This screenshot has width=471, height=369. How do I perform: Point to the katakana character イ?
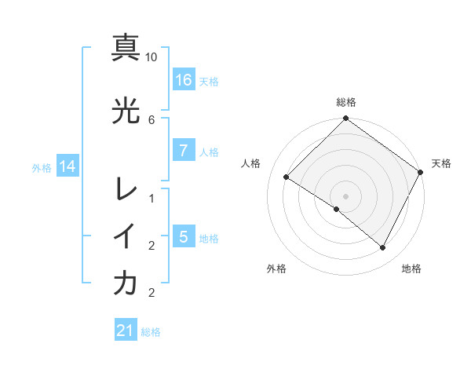(x=126, y=236)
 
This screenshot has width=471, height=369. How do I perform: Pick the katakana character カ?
(x=126, y=283)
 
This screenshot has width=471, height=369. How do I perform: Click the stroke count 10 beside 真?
(x=152, y=57)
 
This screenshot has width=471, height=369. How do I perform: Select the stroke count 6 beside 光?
(x=152, y=119)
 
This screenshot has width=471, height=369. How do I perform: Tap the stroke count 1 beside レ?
(x=152, y=199)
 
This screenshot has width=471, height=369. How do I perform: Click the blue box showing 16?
(x=183, y=80)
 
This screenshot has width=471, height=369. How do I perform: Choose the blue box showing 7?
(x=183, y=151)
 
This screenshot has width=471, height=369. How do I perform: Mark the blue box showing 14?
(x=67, y=166)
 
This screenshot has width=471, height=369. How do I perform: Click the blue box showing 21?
(x=126, y=331)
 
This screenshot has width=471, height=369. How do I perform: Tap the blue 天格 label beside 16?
(x=209, y=81)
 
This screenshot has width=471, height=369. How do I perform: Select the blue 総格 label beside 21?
(x=151, y=331)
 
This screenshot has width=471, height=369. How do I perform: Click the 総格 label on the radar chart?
(x=346, y=103)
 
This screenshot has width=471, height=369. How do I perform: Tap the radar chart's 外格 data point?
(x=337, y=210)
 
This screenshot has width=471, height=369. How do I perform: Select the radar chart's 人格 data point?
(x=287, y=177)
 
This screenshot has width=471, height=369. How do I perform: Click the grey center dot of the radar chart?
(x=345, y=195)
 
